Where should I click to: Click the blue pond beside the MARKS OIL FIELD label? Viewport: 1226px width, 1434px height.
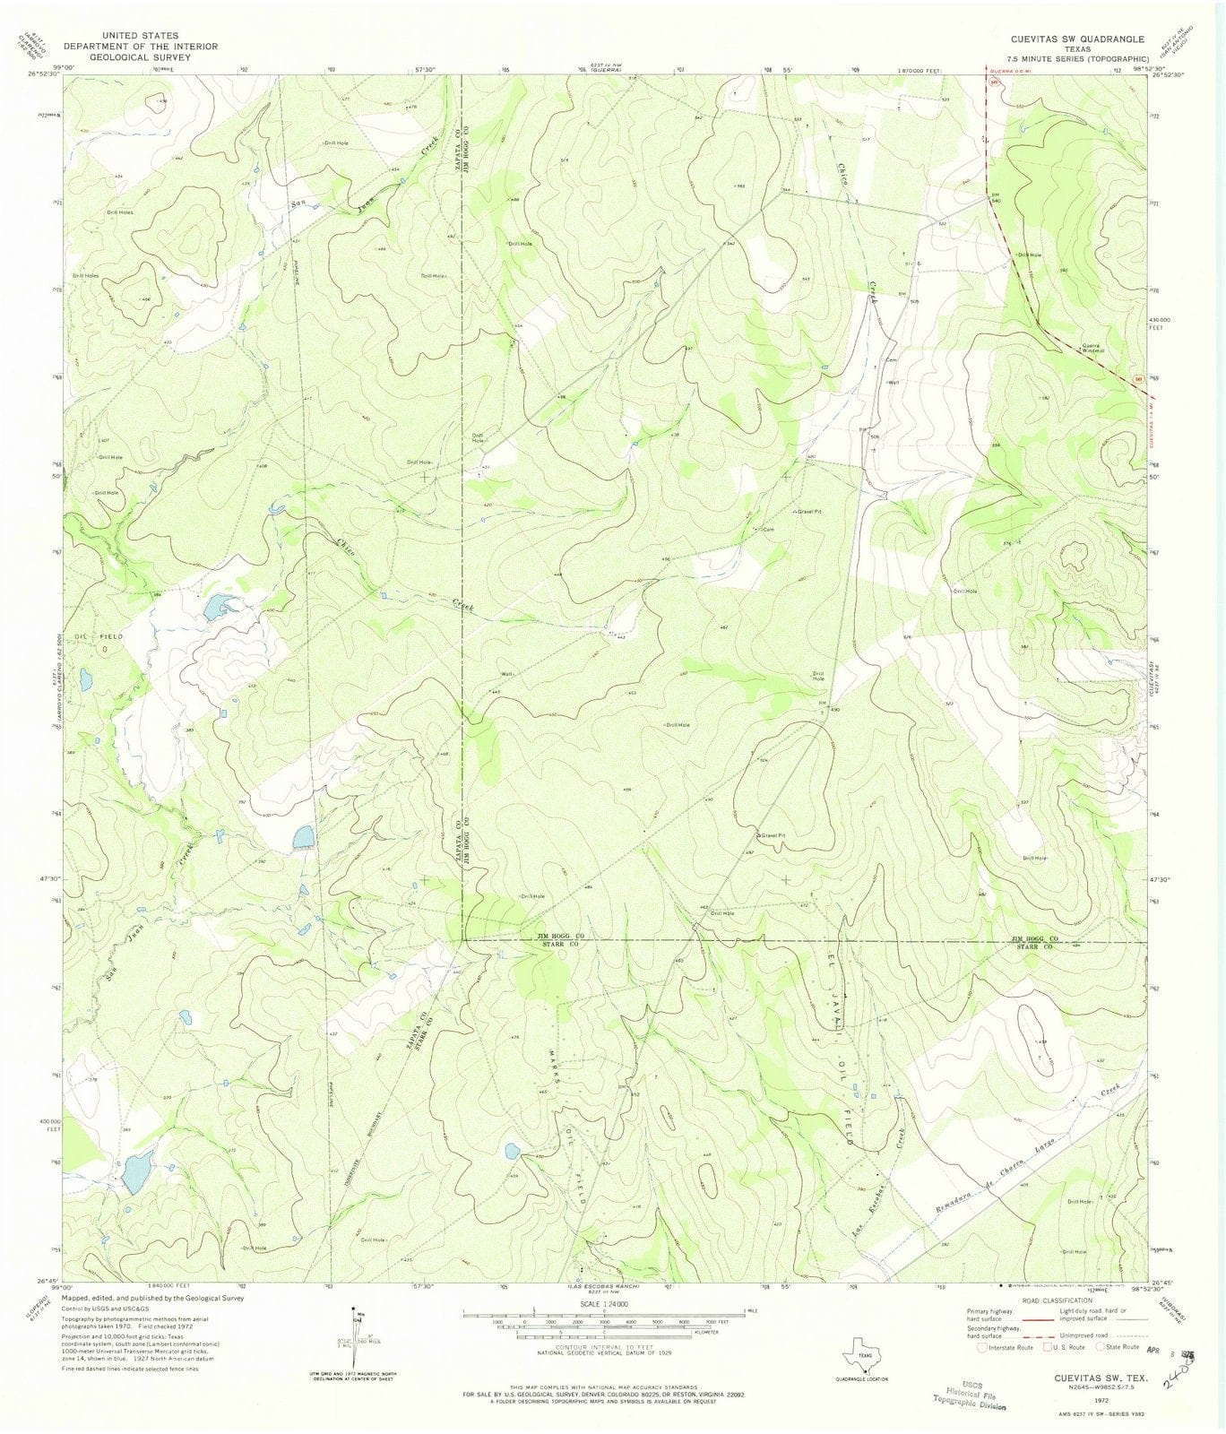tap(512, 1150)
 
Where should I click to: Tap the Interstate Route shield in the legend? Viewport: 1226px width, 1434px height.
tap(983, 1346)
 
